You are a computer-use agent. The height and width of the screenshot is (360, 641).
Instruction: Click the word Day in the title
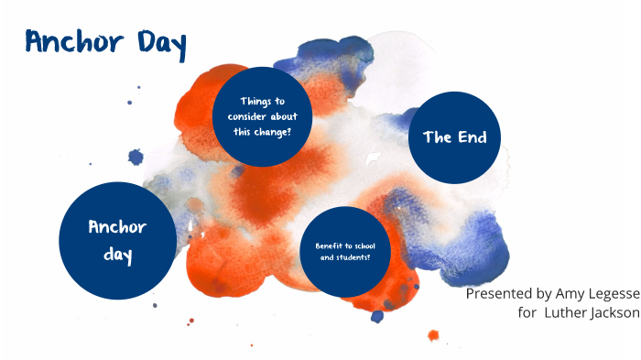(159, 43)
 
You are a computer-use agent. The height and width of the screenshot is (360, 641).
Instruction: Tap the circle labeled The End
(454, 137)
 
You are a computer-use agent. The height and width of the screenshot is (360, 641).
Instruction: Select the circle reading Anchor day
(117, 240)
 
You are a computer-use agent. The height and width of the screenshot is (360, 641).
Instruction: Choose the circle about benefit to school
(345, 252)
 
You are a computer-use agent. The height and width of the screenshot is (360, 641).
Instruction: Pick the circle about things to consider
(262, 116)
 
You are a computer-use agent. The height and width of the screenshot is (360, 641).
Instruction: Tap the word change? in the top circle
(272, 131)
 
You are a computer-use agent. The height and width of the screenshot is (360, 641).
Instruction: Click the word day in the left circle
(117, 256)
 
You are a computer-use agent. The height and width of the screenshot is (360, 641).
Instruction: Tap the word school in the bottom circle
(364, 246)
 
